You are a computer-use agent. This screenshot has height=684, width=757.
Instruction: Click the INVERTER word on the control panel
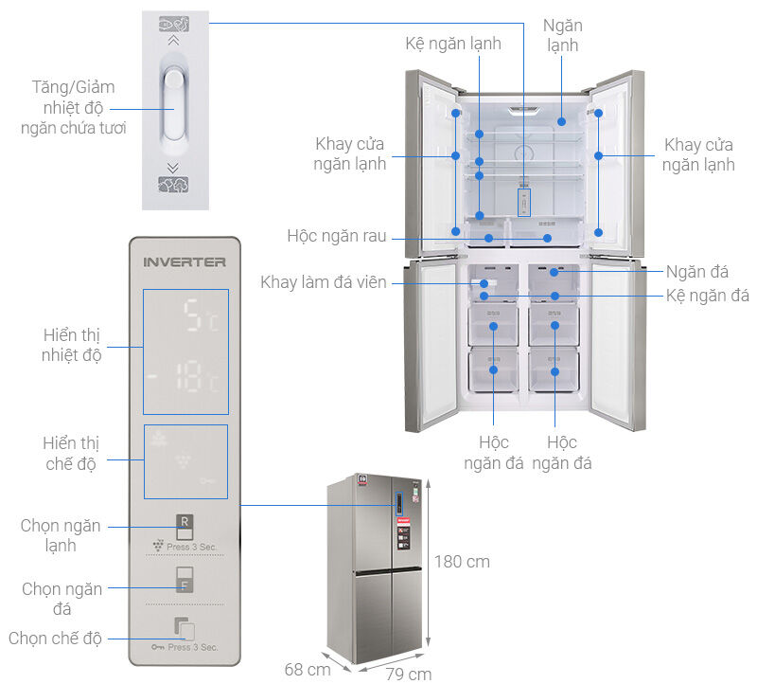point(185,261)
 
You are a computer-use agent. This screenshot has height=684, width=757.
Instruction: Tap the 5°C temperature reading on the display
point(200,320)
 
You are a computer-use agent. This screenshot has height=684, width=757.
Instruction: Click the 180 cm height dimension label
point(463,561)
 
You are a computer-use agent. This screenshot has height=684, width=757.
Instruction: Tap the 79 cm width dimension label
point(408,674)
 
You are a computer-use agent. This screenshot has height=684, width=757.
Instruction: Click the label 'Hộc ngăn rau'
point(337,236)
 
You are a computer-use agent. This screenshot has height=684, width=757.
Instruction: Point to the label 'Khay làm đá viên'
point(324,282)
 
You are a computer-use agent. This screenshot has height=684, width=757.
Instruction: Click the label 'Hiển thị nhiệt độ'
point(72,346)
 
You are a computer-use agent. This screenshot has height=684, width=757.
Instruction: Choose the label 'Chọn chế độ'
point(55,638)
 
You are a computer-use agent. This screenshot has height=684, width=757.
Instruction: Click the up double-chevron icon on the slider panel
point(172,41)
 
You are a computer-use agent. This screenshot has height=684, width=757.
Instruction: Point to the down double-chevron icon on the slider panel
point(172,167)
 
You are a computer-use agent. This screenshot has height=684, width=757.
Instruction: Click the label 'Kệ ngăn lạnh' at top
point(453,44)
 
